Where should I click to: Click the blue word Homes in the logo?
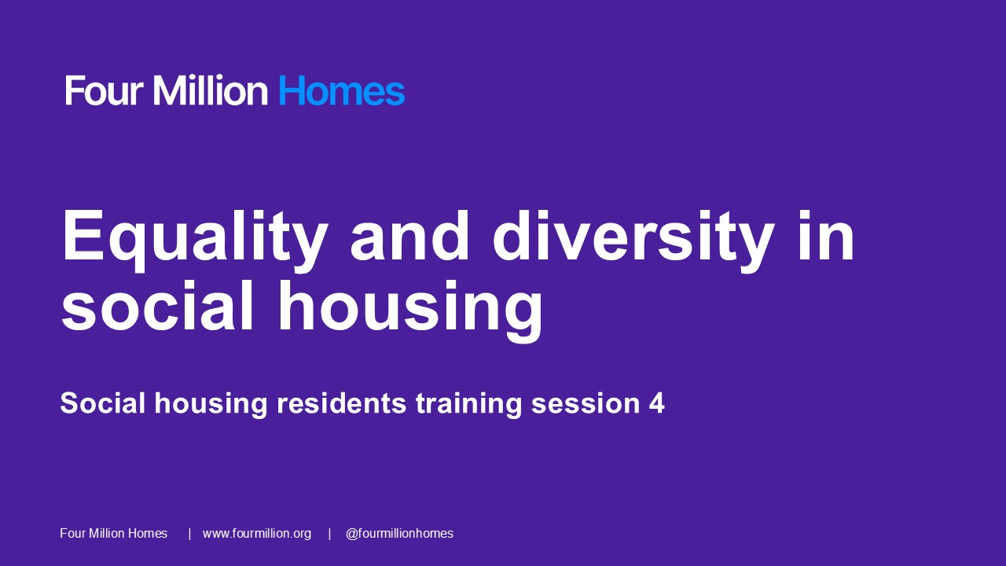(341, 91)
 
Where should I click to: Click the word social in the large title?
(158, 307)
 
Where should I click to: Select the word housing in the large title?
(409, 307)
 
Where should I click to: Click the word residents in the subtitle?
(341, 403)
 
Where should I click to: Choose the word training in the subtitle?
(468, 403)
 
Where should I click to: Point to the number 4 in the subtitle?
(656, 403)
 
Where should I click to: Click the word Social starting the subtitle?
(103, 403)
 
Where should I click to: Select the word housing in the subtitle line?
(211, 403)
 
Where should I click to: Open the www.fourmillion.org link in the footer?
(257, 534)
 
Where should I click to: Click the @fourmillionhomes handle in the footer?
(399, 534)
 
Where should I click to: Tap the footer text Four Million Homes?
(114, 534)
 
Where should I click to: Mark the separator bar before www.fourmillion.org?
(189, 534)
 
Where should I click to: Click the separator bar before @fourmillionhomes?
(329, 534)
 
